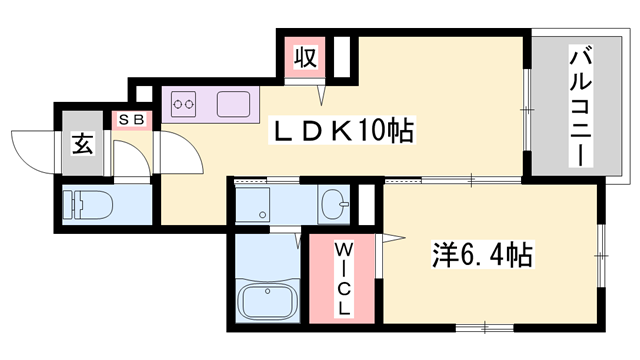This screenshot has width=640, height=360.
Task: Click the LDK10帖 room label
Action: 341,131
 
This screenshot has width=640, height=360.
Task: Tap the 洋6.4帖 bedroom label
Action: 482,255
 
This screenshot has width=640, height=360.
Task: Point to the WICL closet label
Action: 343,279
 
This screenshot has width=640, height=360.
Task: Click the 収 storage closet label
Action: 305,57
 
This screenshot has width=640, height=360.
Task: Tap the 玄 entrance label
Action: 82,144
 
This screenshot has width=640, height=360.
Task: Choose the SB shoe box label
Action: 131,120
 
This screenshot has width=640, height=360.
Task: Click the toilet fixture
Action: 87,204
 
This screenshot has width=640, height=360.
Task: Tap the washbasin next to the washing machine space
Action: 334,203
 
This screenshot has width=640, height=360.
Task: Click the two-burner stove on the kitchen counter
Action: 183,104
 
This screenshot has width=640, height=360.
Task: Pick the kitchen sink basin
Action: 233,104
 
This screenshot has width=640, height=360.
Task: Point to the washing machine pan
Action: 253,205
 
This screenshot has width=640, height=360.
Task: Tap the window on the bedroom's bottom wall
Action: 484,327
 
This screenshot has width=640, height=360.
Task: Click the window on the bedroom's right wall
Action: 601,256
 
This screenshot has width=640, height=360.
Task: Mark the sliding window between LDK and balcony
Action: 527,109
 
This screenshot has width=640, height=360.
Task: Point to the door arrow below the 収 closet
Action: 322,95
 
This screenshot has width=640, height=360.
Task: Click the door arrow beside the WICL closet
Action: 393,238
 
